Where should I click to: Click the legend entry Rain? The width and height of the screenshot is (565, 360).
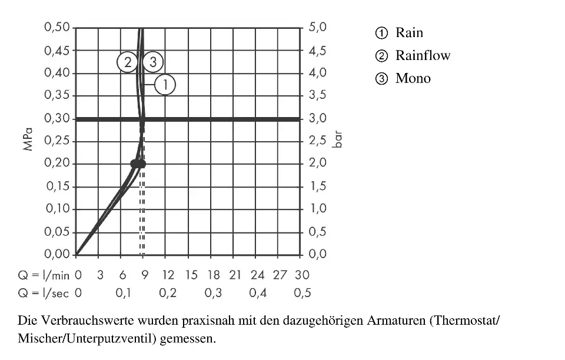408,33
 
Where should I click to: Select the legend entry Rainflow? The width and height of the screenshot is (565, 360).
422,56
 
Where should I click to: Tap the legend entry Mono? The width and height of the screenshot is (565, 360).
413,79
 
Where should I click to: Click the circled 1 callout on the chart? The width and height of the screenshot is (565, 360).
165,85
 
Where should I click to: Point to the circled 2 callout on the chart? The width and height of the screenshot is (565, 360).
127,61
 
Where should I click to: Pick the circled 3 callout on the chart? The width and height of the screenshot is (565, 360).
152,61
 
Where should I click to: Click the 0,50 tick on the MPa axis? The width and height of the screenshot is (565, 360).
56,28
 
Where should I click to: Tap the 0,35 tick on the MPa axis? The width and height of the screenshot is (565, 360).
56,95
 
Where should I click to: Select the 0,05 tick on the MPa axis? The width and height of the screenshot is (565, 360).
56,232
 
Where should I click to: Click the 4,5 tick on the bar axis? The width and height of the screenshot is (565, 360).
317,51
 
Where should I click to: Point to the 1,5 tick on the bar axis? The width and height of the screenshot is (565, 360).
317,186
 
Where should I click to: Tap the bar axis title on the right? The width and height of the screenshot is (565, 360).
337,141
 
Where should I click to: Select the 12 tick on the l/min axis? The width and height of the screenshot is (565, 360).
168,275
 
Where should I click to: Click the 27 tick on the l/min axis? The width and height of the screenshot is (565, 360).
280,275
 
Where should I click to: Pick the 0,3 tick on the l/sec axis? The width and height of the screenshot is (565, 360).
213,293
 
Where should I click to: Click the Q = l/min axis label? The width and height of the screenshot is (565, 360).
44,275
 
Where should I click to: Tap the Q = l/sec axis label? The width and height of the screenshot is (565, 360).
44,293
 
